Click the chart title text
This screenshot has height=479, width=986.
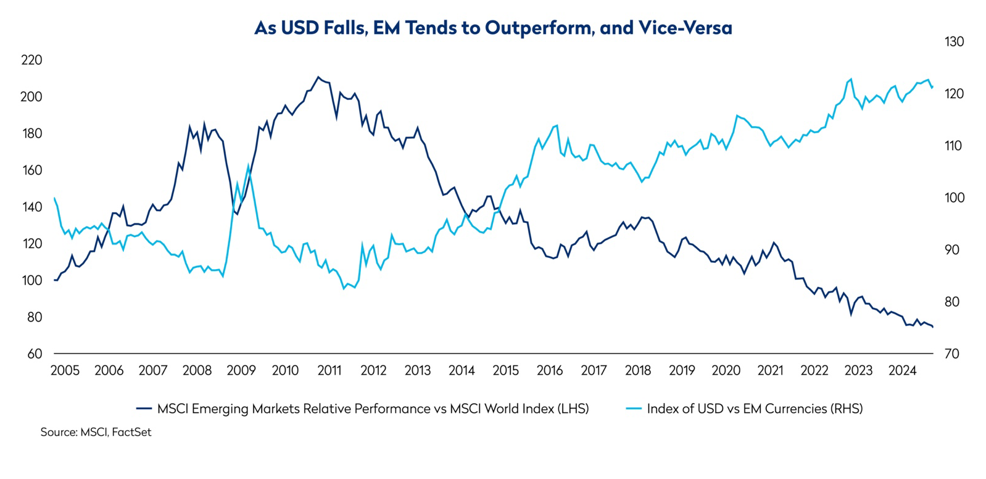[x=493, y=28]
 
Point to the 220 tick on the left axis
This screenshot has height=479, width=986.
[x=31, y=60]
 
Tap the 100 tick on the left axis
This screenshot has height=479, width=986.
[x=31, y=280]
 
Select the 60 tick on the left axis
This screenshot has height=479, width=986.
[x=35, y=354]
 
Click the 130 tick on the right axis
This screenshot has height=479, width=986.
[x=954, y=41]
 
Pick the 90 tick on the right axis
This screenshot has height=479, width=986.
[x=954, y=249]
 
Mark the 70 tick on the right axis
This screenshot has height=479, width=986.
[x=954, y=354]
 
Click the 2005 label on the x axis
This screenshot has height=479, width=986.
[x=65, y=370]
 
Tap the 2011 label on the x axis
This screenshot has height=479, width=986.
[x=329, y=370]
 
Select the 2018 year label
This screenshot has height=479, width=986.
[x=638, y=370]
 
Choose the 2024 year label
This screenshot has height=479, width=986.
[x=903, y=370]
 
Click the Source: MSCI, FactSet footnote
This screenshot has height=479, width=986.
[x=96, y=432]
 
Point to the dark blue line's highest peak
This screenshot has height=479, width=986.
[x=318, y=77]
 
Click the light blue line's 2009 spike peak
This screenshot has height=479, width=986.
[x=249, y=165]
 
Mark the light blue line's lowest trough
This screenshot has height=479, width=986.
[x=344, y=288]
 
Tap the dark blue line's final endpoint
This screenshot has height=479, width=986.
[x=932, y=327]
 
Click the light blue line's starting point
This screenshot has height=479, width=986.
[x=54, y=198]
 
